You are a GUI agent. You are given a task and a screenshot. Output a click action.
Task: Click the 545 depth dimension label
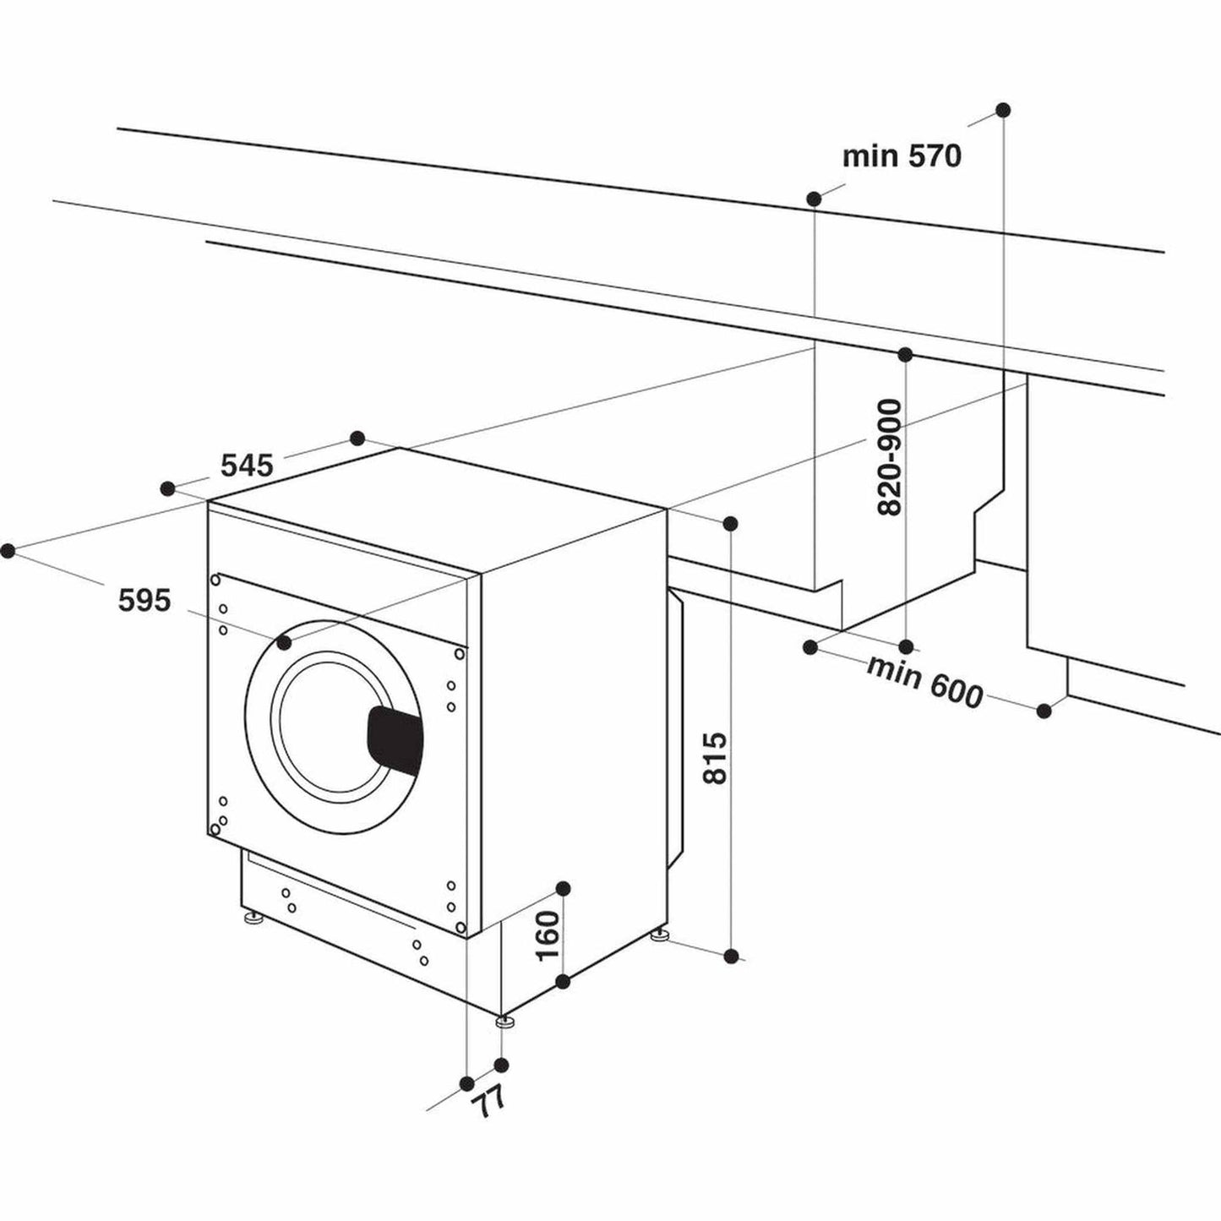pyautogui.click(x=247, y=465)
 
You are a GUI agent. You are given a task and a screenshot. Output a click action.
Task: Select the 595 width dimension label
pyautogui.click(x=144, y=601)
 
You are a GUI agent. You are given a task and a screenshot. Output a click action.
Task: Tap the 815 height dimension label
pyautogui.click(x=714, y=758)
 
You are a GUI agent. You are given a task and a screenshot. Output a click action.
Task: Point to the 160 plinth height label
pyautogui.click(x=548, y=935)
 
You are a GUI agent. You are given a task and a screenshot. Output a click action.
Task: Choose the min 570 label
pyautogui.click(x=902, y=156)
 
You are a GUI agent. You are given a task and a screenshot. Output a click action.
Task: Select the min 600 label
pyautogui.click(x=925, y=682)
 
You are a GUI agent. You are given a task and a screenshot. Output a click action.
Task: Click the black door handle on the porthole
pyautogui.click(x=395, y=739)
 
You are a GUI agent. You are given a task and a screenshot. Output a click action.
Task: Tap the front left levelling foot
pyautogui.click(x=252, y=918)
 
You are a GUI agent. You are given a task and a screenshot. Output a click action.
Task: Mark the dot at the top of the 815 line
pyautogui.click(x=731, y=524)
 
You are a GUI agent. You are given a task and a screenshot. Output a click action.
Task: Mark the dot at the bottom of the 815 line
pyautogui.click(x=732, y=956)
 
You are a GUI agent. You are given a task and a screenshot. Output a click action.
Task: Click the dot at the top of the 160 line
pyautogui.click(x=564, y=887)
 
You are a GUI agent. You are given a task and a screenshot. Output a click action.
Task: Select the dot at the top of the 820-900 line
pyautogui.click(x=905, y=353)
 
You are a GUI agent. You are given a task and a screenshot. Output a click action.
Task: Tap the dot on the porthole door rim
pyautogui.click(x=284, y=643)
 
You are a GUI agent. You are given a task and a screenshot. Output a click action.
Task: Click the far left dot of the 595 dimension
pyautogui.click(x=8, y=551)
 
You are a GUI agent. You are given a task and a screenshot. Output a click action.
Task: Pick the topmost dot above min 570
pyautogui.click(x=1003, y=110)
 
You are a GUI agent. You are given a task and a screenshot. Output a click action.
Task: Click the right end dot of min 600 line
pyautogui.click(x=1044, y=711)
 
